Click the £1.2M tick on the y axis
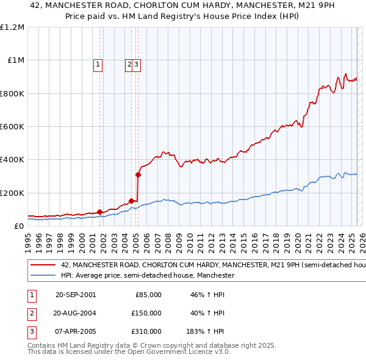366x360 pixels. point(12,27)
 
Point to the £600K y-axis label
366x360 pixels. point(12,127)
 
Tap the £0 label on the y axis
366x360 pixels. point(19,226)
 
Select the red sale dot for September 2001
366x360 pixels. point(100,212)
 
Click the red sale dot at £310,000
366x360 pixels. point(138,175)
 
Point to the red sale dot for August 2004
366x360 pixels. point(132,201)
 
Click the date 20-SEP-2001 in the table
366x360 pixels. point(76,295)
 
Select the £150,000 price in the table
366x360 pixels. point(147,313)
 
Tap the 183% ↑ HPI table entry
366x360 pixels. point(205,331)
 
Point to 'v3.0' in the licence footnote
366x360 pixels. point(221,352)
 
